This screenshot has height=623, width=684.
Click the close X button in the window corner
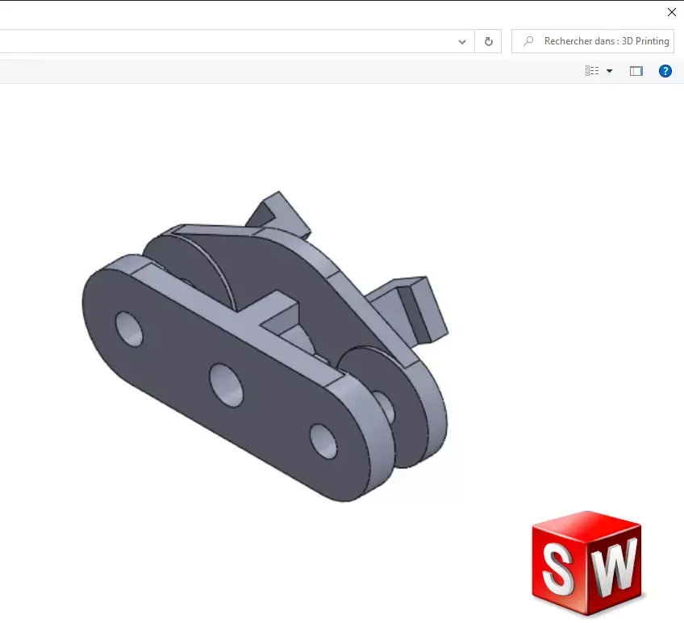tap(671, 12)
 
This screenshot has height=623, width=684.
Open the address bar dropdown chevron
tap(462, 41)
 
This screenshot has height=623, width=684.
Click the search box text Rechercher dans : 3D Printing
tap(606, 41)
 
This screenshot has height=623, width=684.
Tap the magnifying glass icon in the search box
tap(528, 41)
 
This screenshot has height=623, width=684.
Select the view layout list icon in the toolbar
tap(592, 71)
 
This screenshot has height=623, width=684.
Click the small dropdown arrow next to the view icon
tap(609, 71)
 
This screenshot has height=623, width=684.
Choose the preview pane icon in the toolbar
tap(636, 71)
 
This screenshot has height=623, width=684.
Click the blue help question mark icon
tap(665, 71)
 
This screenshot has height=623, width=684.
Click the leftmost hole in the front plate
tap(129, 328)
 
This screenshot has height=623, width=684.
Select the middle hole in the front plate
tap(226, 383)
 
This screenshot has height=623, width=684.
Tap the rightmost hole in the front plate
tap(324, 441)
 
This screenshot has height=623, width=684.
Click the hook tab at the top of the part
tap(275, 211)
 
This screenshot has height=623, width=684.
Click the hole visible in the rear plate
tap(385, 407)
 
